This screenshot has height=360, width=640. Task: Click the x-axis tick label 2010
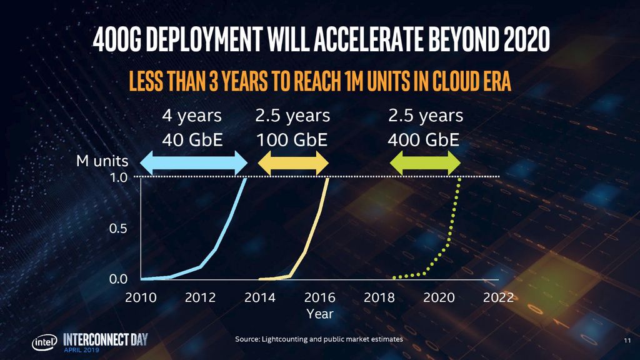tap(141, 297)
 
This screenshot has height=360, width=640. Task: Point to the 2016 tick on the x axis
tap(320, 297)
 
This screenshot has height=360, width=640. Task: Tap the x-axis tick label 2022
tap(498, 297)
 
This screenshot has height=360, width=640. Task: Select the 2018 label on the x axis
tap(379, 297)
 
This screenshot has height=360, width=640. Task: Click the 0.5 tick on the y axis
tap(119, 229)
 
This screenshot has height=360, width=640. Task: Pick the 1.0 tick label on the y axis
tap(119, 177)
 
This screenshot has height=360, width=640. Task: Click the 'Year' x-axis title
tap(320, 314)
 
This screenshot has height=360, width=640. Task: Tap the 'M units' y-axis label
tap(102, 161)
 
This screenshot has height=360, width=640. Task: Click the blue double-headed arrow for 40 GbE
tap(193, 164)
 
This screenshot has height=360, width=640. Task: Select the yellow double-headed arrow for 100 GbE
tap(293, 164)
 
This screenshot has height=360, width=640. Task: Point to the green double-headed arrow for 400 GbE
tap(425, 164)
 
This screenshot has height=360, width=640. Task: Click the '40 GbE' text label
tap(192, 139)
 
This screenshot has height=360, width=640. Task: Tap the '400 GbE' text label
tap(424, 139)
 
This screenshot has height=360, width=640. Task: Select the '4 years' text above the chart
tap(192, 116)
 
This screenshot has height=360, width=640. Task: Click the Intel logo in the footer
tap(45, 342)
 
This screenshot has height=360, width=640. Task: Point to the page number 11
tap(627, 341)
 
